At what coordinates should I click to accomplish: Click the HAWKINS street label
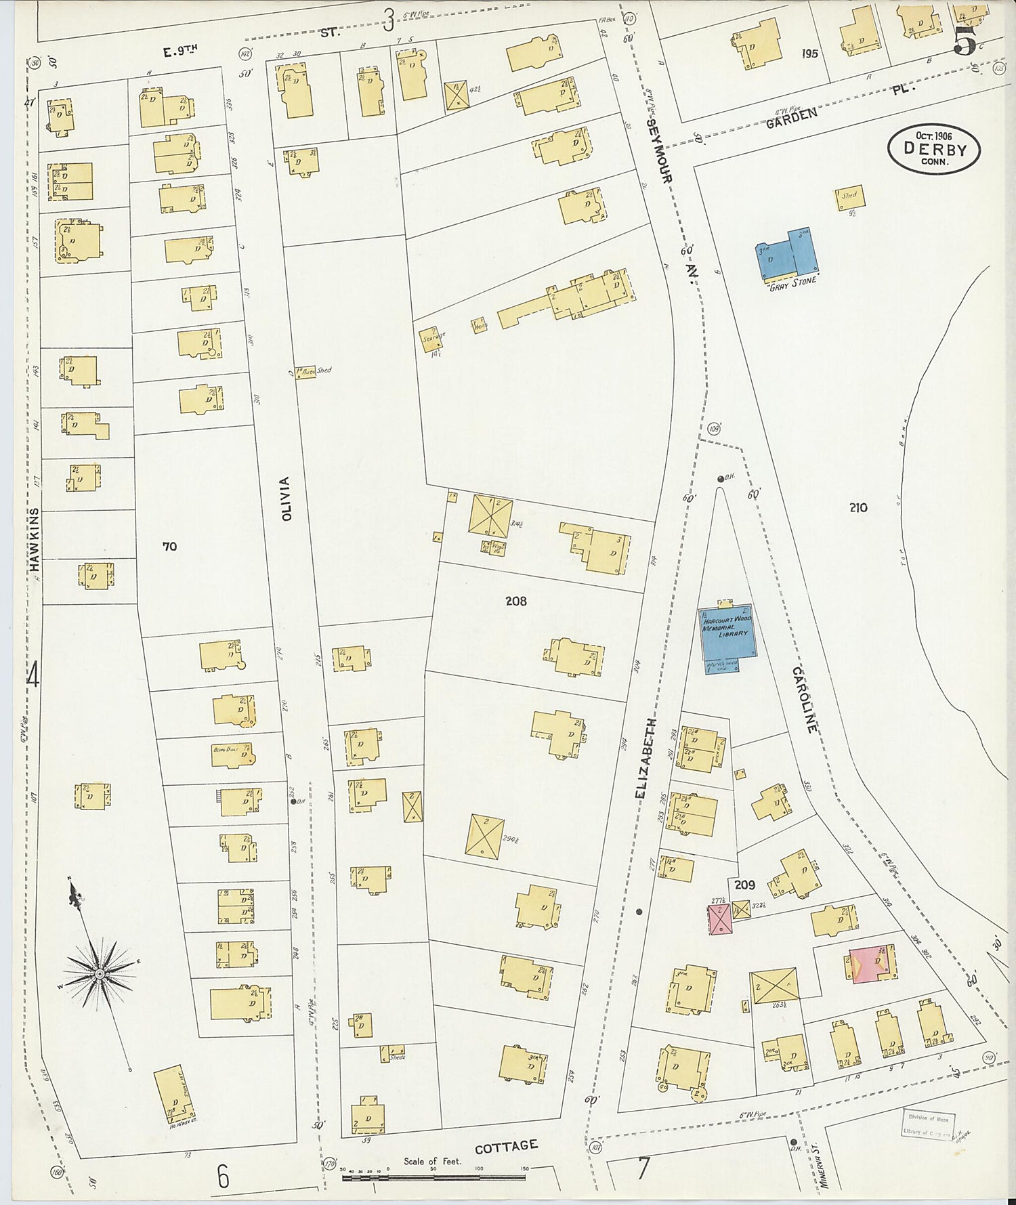[35, 541]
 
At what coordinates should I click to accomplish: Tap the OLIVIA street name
[286, 499]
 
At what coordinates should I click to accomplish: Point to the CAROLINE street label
[807, 699]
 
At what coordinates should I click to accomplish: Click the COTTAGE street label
[506, 1146]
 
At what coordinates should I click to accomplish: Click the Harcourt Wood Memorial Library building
[727, 631]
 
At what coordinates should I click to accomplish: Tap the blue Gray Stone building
[786, 256]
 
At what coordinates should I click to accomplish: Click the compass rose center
[100, 973]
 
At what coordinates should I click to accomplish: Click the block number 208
[515, 601]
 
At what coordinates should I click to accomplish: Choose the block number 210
[858, 507]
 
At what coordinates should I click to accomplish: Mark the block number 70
[169, 545]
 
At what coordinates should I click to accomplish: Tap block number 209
[744, 885]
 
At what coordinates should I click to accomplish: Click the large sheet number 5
[965, 42]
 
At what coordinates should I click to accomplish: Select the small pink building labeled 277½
[719, 919]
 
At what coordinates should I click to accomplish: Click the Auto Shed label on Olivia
[316, 371]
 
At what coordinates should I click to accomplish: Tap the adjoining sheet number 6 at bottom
[223, 1177]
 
